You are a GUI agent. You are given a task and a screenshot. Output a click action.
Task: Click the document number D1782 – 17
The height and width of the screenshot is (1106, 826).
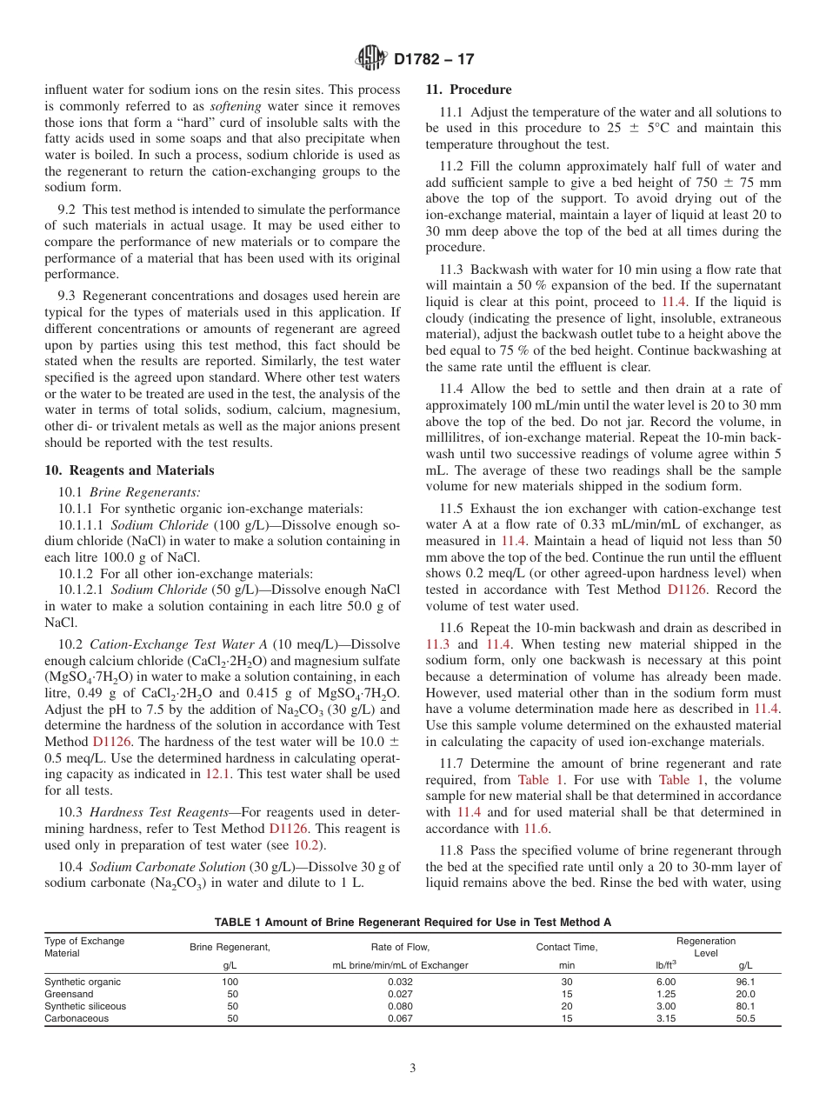[x=434, y=60]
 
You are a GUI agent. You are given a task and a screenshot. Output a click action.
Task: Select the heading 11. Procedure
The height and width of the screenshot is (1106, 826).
[x=469, y=90]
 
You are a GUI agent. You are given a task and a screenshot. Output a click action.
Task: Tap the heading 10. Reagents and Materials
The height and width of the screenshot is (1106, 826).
[x=130, y=470]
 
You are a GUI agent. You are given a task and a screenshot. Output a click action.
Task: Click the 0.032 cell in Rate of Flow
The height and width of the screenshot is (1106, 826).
[x=400, y=982]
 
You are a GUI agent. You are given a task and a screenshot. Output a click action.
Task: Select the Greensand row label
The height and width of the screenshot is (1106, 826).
[x=63, y=994]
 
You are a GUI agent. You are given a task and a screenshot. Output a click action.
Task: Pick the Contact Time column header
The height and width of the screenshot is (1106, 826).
[x=567, y=948]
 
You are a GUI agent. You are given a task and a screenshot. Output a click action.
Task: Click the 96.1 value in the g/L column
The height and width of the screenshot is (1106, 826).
[x=745, y=982]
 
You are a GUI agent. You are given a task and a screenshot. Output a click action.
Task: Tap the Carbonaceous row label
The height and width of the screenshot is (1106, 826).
[x=77, y=1018]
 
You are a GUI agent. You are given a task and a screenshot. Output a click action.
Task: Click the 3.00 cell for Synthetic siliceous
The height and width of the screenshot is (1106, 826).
[x=665, y=1006]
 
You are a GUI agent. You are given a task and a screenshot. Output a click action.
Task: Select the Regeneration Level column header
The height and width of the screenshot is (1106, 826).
[x=705, y=947]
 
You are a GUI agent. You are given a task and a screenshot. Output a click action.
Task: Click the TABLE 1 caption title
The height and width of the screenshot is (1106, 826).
[x=413, y=922]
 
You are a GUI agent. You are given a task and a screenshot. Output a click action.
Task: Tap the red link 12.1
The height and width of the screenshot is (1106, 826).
[x=216, y=773]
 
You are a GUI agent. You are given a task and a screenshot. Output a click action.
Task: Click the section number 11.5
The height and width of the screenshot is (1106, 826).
[x=451, y=509]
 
